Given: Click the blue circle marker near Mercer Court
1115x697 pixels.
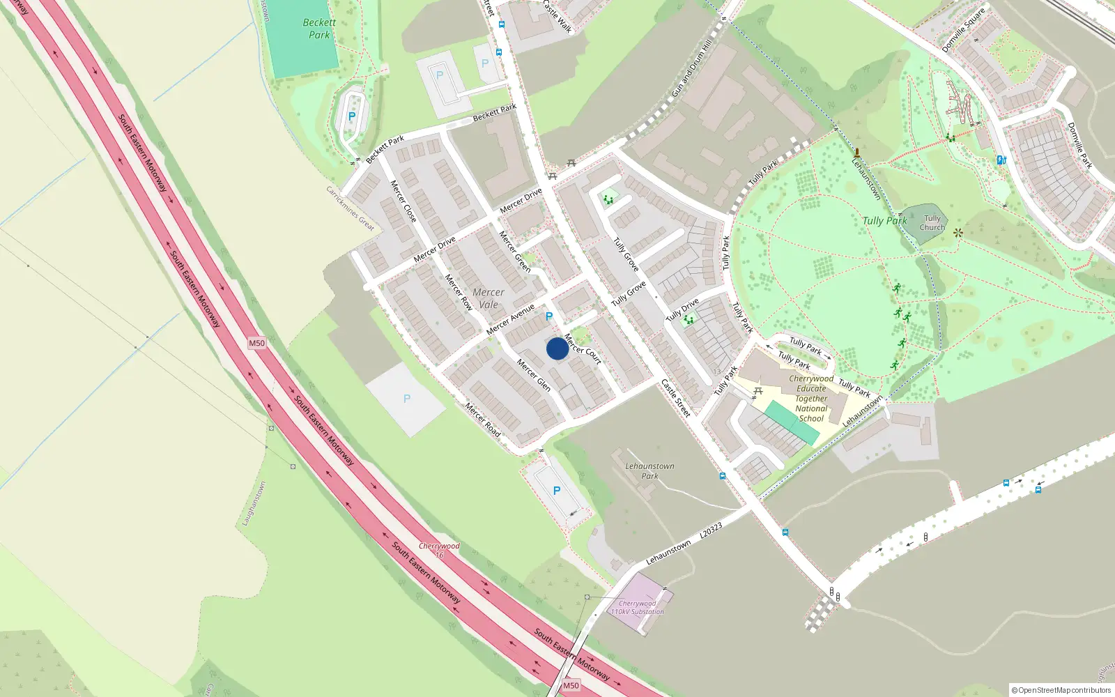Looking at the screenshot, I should tap(557, 348).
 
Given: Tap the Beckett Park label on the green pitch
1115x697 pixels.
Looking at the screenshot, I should tap(319, 29).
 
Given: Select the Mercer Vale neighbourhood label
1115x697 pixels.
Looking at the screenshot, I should tap(489, 298).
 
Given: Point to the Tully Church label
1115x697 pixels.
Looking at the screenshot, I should tap(932, 223).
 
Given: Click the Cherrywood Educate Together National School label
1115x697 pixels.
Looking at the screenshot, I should tap(811, 399).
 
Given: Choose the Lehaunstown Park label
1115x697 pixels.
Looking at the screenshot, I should tap(649, 471).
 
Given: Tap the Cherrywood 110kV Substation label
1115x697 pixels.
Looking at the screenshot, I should tap(638, 608).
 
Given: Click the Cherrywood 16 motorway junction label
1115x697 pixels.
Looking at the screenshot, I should tap(439, 551).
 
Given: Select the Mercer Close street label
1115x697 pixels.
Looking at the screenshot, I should tap(403, 201).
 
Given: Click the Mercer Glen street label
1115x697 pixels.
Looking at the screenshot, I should tap(534, 375).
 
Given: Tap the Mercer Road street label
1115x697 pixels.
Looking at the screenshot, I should tap(483, 420).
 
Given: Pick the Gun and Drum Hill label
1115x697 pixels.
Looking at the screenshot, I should tap(692, 68).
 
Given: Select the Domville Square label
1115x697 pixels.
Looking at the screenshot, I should tap(963, 30).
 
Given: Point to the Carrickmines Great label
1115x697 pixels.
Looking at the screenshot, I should tap(350, 208).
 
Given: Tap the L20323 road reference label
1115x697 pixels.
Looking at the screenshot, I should tap(710, 530).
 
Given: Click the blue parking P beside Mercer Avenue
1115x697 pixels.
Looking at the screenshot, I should tap(549, 317).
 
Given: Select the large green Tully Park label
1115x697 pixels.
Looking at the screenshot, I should tap(884, 221).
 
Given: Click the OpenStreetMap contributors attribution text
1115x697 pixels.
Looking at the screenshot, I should tap(1061, 690).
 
